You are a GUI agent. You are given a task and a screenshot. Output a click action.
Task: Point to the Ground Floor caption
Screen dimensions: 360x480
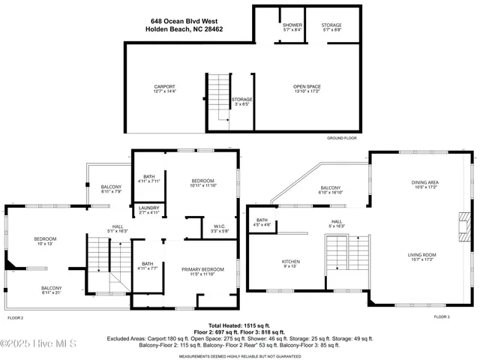[341, 139]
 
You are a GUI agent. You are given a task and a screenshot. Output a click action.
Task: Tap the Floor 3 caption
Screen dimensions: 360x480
[442, 317]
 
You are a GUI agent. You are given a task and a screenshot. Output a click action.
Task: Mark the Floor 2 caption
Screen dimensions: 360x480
[16, 318]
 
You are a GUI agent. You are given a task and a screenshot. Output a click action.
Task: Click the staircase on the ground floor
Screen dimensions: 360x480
[218, 97]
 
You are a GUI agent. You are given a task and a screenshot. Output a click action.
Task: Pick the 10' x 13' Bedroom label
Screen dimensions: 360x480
[45, 241]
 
